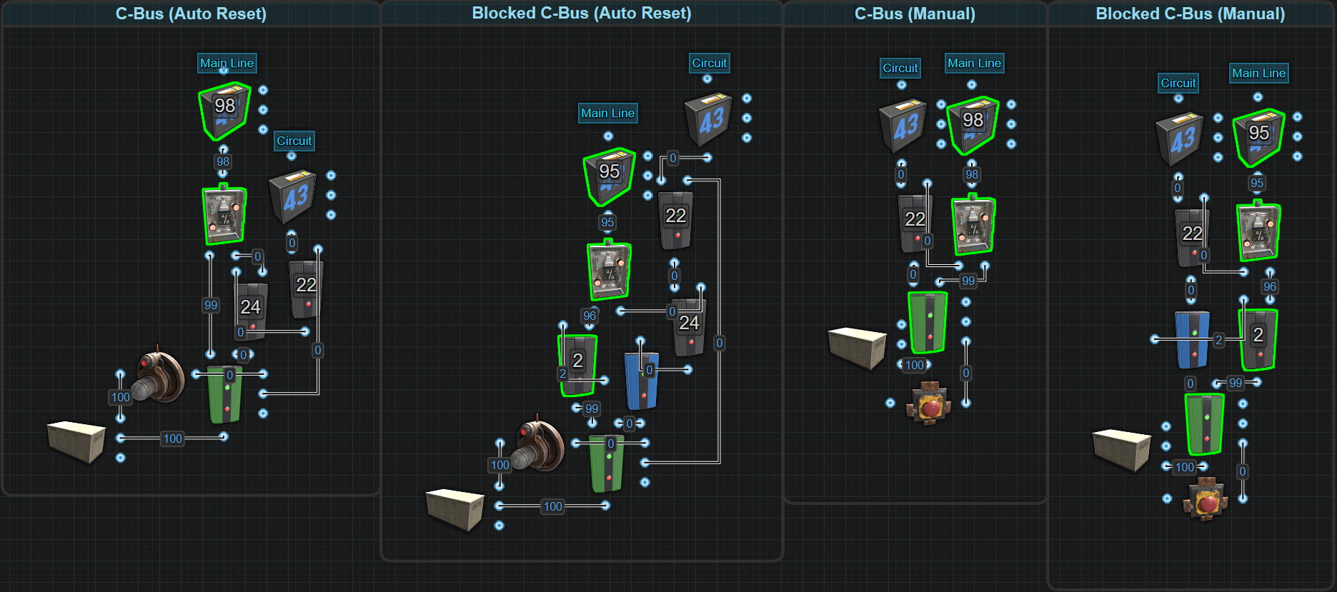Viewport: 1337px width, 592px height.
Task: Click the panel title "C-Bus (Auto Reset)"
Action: point(191,14)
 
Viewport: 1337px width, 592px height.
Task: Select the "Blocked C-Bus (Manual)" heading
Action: point(1190,14)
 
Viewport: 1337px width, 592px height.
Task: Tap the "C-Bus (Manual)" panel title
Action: point(915,14)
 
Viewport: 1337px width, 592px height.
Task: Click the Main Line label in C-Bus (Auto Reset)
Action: point(227,63)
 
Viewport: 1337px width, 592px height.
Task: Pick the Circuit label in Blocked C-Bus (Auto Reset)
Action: point(709,63)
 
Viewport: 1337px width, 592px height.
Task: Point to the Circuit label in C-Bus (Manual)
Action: point(900,68)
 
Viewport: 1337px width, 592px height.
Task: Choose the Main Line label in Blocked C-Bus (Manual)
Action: point(1258,73)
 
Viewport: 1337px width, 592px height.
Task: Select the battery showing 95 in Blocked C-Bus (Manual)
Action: point(1258,136)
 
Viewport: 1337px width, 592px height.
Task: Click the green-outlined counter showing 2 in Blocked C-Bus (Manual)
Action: point(1258,338)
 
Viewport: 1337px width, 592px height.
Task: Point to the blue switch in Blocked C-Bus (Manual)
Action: point(1193,339)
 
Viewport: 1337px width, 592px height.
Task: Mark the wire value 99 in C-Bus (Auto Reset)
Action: point(211,305)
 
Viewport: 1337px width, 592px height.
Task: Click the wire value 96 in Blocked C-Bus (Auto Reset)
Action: point(590,316)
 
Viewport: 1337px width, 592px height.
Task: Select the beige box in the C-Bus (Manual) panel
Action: point(857,347)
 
